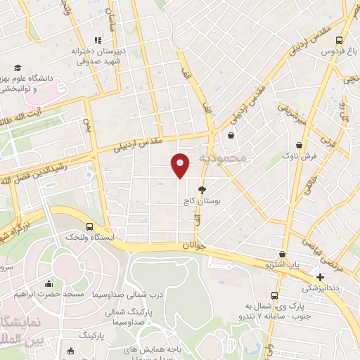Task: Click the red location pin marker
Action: click(x=181, y=165)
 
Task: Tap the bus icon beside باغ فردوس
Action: click(x=340, y=40)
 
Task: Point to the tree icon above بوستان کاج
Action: click(x=202, y=190)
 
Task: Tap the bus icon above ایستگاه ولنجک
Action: click(x=89, y=226)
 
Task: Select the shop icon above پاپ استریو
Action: click(x=283, y=255)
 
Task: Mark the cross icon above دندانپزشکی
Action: click(x=321, y=277)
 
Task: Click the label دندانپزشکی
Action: click(x=320, y=288)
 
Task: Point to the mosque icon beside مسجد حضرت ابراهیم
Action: click(x=49, y=284)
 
